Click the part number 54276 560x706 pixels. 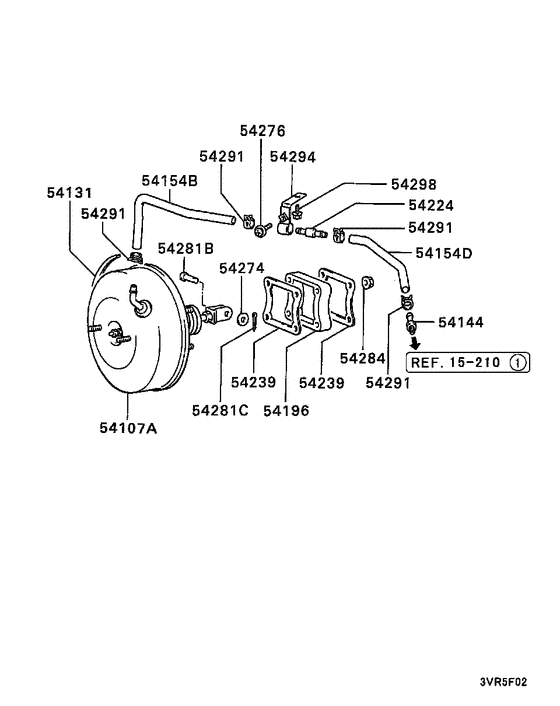click(x=262, y=131)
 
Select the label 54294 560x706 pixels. click(x=293, y=157)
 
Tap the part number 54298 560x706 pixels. click(x=414, y=184)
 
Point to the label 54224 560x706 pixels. click(x=414, y=206)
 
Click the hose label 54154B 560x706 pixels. click(x=169, y=181)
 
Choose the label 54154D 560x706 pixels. click(x=443, y=253)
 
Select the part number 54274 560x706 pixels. click(x=242, y=268)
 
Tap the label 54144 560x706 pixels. click(x=461, y=322)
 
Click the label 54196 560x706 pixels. click(x=288, y=410)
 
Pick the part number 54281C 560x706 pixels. click(x=220, y=410)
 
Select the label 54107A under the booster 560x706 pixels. click(x=128, y=430)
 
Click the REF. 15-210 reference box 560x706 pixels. click(x=466, y=362)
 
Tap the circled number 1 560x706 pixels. click(x=516, y=362)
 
